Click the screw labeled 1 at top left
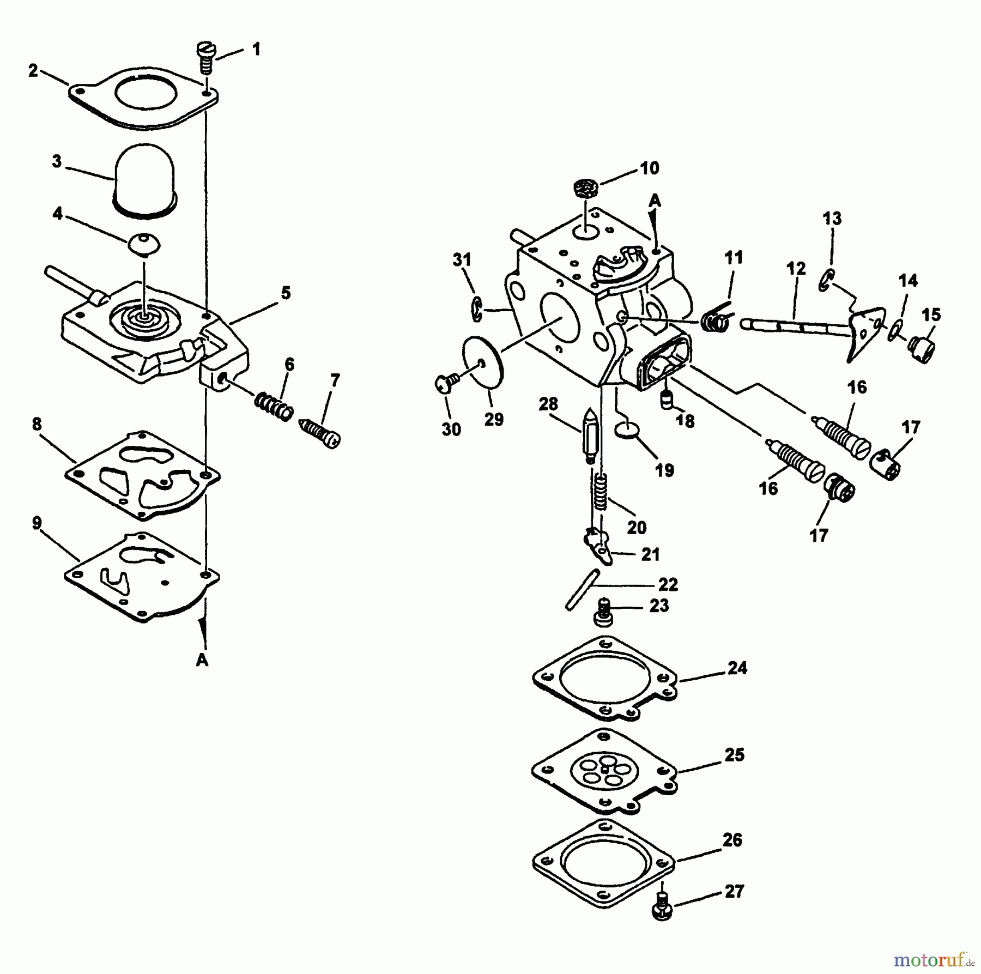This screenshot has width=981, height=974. (205, 59)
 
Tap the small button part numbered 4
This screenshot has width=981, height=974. (144, 243)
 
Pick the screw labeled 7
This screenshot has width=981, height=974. (320, 432)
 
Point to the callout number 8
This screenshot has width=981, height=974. (37, 424)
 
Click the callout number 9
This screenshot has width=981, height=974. (37, 523)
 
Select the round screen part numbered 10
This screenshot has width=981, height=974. (586, 190)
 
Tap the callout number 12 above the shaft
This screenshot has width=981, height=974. (796, 269)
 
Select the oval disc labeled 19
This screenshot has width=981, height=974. (626, 431)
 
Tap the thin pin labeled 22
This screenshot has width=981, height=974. (583, 589)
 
